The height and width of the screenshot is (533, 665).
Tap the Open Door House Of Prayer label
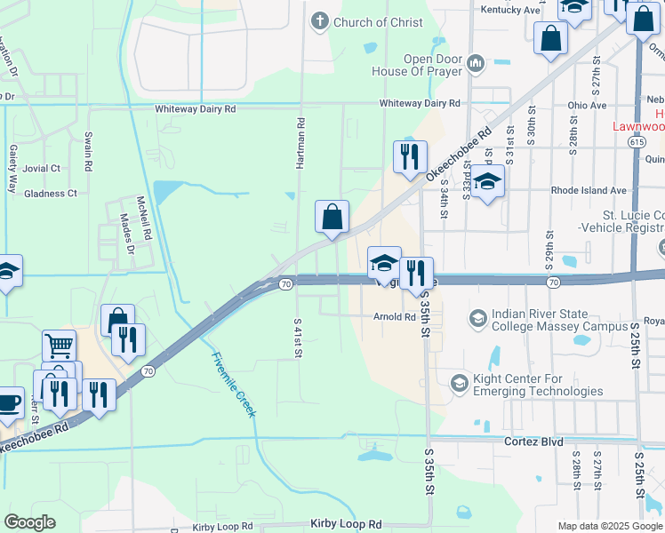[433, 65]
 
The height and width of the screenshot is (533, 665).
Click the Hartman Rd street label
[301, 145]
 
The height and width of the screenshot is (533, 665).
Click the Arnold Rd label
[395, 316]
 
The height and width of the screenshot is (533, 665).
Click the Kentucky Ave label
[511, 10]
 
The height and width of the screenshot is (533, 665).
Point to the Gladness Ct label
[51, 193]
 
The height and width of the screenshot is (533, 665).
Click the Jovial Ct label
[43, 168]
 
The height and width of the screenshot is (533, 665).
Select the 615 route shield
[634, 140]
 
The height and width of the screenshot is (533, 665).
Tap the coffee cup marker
[8, 402]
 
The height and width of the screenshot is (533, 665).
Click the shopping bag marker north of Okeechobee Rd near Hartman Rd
[332, 217]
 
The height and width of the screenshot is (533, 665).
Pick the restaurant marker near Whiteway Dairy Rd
[410, 157]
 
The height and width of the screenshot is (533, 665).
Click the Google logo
[29, 522]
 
